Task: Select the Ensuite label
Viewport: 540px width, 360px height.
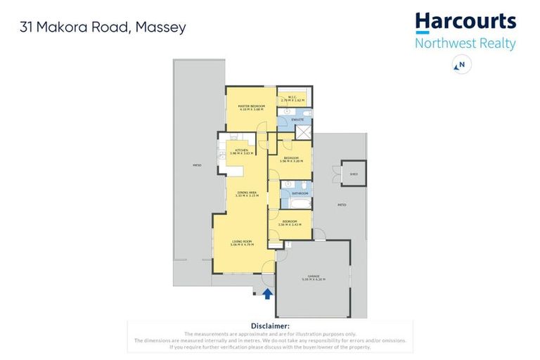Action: coord(297,120)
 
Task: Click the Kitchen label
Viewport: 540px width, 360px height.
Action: coord(241,151)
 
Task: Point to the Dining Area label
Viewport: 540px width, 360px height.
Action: coord(246,193)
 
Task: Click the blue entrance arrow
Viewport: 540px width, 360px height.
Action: coord(267,293)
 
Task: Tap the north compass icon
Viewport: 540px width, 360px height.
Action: coord(461,65)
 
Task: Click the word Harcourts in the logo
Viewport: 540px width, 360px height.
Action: coord(465,21)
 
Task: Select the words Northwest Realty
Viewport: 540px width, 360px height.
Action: coord(465,43)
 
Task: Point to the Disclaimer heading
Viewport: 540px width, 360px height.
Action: coord(270,326)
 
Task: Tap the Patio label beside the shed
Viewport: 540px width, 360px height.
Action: coord(341,205)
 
